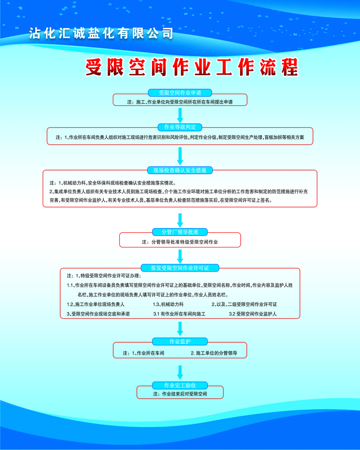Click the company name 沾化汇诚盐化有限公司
coord(101,33)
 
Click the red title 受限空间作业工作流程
coord(192,67)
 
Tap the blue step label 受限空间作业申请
coord(180,93)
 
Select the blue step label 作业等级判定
coord(180,127)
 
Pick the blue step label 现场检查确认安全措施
coord(180,170)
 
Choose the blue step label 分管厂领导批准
coord(180,232)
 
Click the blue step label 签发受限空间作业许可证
coord(180,268)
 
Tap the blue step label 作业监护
coord(180,341)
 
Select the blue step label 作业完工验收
coord(180,385)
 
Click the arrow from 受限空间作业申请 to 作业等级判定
coord(180,116)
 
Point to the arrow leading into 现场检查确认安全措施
coord(180,156)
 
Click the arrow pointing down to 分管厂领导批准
coord(180,221)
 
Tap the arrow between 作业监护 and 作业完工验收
coord(180,373)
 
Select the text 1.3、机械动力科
coord(168,304)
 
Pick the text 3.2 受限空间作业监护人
coord(253,314)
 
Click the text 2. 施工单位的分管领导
coord(214,353)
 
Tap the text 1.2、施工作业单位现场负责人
coord(96,304)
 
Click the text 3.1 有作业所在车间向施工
coord(180,314)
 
